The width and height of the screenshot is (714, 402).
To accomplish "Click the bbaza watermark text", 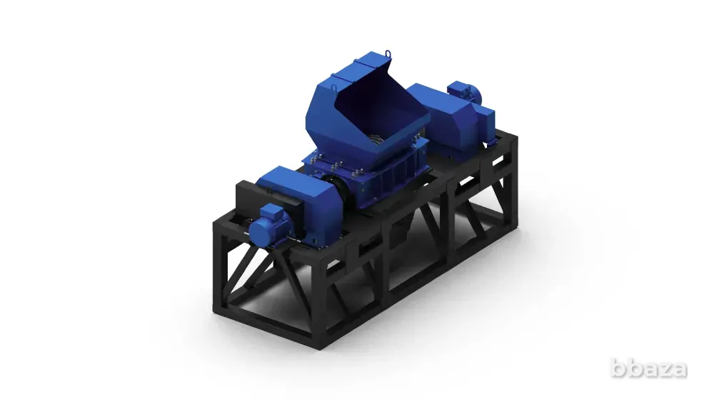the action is [649, 368].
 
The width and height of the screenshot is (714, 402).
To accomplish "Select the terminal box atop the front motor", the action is [272, 211].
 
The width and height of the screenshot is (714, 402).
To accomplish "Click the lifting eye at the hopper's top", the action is [388, 54].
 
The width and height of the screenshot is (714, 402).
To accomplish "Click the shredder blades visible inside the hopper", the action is [376, 138].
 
